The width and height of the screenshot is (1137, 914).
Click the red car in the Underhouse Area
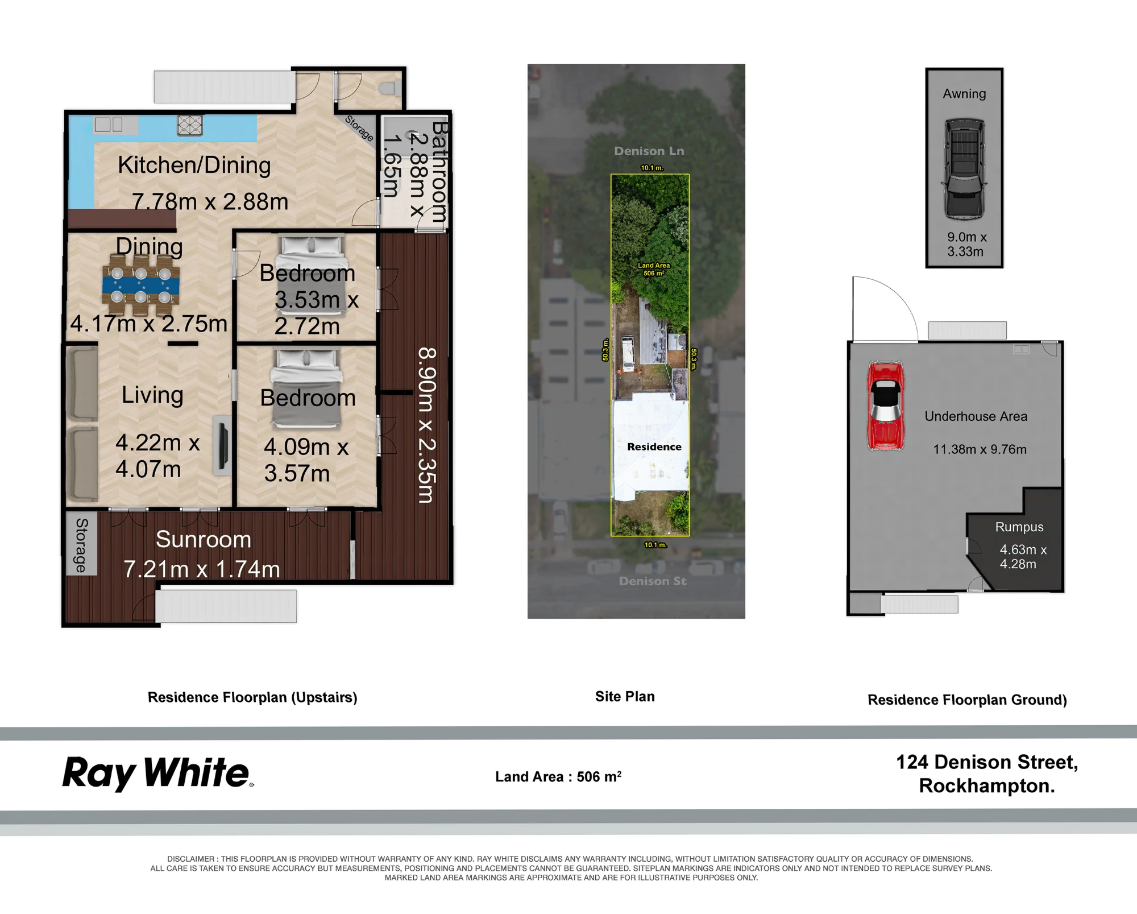[885, 406]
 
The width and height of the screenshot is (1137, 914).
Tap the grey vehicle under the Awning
[964, 169]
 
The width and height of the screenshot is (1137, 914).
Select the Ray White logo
[158, 773]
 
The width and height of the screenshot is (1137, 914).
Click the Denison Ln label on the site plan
[649, 151]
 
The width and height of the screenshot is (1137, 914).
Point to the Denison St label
[653, 581]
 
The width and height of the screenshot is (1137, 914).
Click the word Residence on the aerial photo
[654, 447]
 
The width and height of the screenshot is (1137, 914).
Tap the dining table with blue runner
[141, 284]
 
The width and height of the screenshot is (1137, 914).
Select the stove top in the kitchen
[190, 125]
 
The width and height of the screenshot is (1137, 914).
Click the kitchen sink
[109, 125]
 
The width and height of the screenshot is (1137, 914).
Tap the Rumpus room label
[1019, 527]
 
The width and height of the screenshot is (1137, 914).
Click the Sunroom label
[204, 539]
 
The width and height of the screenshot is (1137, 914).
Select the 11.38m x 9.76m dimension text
[980, 449]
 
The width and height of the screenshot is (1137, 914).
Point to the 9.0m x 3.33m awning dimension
[966, 244]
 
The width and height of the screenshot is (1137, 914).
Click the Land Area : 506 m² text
[558, 776]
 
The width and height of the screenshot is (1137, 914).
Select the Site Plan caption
[625, 697]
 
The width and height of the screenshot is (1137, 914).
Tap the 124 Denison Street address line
[987, 762]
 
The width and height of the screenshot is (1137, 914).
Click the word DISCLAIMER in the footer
[191, 859]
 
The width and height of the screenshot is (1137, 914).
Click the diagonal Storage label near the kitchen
[359, 129]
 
